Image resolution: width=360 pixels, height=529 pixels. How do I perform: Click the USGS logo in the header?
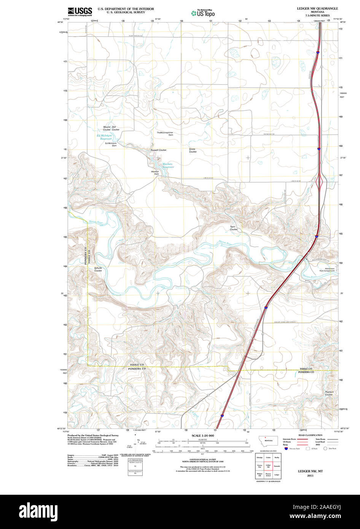pos(80,12)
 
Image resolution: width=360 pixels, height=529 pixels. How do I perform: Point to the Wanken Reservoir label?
pos(168,166)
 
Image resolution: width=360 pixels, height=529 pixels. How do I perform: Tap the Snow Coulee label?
pos(193,150)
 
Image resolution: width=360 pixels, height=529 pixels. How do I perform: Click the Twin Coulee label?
pos(233,228)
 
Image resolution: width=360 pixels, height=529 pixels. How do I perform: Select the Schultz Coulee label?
pos(98,269)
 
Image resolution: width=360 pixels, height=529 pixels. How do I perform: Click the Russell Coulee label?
pos(158,150)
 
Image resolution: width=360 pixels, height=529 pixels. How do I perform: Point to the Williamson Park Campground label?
pos(327,270)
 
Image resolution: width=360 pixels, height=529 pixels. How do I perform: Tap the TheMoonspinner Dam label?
pos(165,134)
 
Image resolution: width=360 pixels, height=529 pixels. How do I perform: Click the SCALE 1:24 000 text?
pos(203,435)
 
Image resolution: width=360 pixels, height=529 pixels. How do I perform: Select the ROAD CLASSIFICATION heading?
pos(310,435)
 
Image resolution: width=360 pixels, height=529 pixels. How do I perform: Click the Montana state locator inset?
pos(268,441)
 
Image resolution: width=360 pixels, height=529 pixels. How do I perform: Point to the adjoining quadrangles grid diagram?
pos(268,466)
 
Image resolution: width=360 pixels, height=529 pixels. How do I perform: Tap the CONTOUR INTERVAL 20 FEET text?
pos(203,460)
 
